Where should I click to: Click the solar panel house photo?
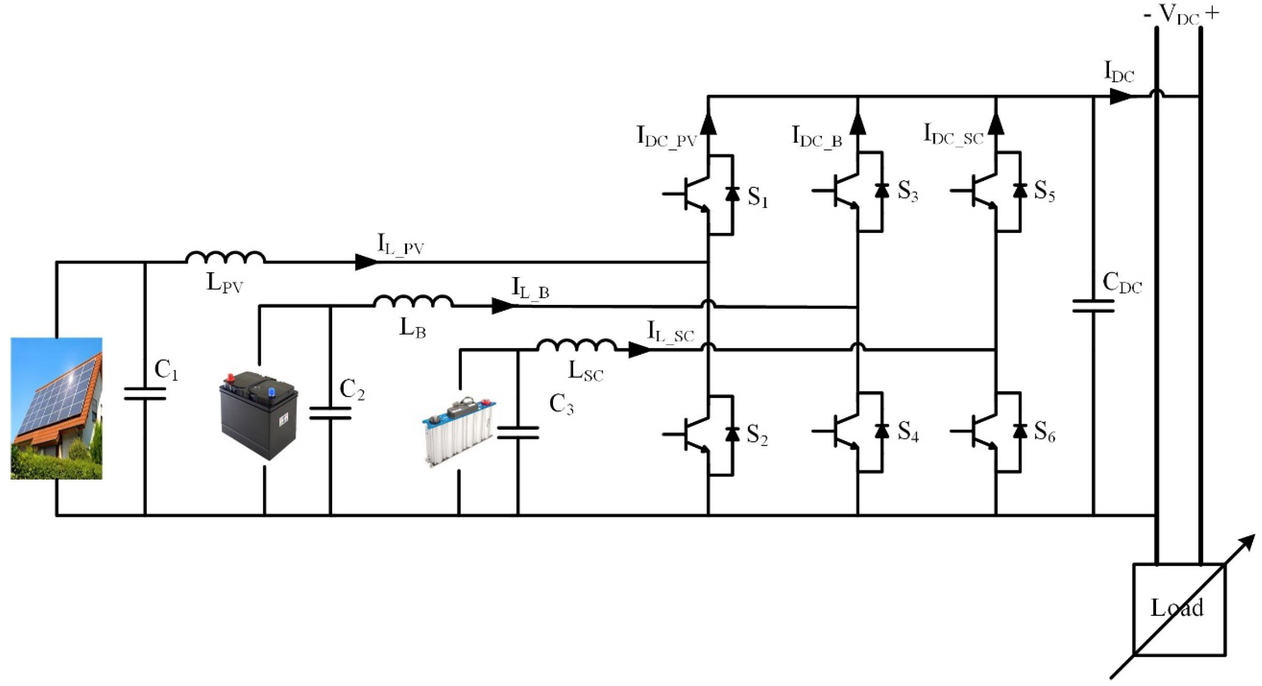(56, 408)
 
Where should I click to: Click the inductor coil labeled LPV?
(226, 258)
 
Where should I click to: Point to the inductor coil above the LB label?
(413, 302)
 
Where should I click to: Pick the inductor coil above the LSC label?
(577, 345)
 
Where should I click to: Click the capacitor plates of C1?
(145, 394)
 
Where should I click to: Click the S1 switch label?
(757, 197)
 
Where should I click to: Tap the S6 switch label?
(1044, 432)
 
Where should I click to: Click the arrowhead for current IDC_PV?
(709, 124)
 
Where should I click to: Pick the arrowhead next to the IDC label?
(1121, 96)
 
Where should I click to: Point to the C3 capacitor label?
(561, 404)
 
